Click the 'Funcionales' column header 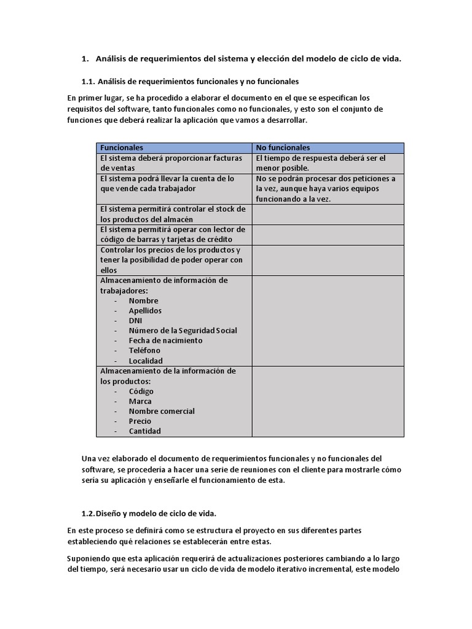click(122, 148)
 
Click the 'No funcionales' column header click(283, 148)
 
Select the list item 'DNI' click(136, 321)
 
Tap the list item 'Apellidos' click(145, 311)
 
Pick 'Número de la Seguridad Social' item click(183, 330)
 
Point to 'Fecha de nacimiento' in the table click(165, 340)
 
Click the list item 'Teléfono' click(144, 350)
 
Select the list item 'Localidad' click(146, 361)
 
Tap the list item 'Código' click(141, 391)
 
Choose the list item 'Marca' click(140, 401)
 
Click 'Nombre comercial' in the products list click(162, 411)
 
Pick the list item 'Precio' click(140, 421)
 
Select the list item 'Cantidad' click(144, 431)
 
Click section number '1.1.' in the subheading click(88, 81)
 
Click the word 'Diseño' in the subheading click(111, 513)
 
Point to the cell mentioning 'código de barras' click(174, 235)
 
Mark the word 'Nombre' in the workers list click(143, 301)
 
